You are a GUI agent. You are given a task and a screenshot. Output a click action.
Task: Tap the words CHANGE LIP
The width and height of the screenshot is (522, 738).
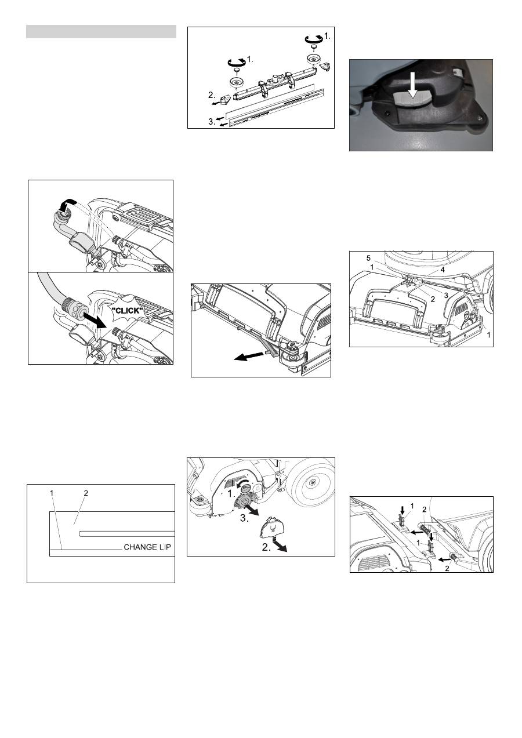pyautogui.click(x=147, y=547)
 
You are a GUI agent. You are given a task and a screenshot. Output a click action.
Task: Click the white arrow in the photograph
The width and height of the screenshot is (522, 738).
pyautogui.click(x=412, y=83)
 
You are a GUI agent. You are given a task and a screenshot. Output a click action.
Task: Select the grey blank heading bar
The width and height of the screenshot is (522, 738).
pyautogui.click(x=101, y=32)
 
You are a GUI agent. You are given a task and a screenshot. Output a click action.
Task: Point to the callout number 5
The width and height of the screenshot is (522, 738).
pyautogui.click(x=368, y=259)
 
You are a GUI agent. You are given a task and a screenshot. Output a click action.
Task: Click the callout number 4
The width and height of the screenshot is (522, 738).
pyautogui.click(x=443, y=270)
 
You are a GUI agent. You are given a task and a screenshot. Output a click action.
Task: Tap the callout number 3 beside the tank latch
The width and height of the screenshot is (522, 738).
pyautogui.click(x=446, y=296)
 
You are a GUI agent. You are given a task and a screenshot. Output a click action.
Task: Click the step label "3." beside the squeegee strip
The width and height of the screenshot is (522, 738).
pyautogui.click(x=212, y=122)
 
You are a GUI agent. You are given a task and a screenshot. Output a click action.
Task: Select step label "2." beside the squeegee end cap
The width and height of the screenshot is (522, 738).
pyautogui.click(x=212, y=95)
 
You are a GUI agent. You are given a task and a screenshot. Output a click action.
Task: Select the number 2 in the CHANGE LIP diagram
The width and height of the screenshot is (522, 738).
pyautogui.click(x=86, y=493)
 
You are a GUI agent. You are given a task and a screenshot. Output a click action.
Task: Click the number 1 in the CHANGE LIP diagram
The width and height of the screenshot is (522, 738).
pyautogui.click(x=52, y=493)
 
